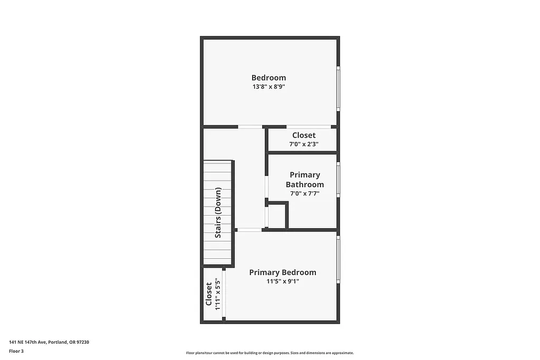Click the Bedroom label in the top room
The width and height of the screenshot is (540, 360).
(268, 78)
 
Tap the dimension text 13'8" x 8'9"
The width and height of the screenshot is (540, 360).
(268, 87)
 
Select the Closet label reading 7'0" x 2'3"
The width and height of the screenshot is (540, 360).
(304, 135)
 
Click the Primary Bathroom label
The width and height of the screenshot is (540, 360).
(305, 180)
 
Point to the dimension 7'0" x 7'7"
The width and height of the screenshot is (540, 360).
(305, 193)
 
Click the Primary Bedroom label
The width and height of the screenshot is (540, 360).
(283, 273)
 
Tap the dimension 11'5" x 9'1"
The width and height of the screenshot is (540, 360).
(283, 281)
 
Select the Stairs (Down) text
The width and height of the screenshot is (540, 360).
(218, 213)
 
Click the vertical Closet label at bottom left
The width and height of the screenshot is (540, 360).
(209, 294)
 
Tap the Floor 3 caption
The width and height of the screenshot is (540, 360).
(16, 351)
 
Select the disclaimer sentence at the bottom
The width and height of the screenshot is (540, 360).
(269, 353)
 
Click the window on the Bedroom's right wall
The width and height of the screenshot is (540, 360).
(338, 89)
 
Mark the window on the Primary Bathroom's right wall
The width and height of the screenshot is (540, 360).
(338, 180)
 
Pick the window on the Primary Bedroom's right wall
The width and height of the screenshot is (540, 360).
(338, 260)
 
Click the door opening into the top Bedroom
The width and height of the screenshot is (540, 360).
(250, 127)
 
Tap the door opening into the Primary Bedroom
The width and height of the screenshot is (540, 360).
(249, 230)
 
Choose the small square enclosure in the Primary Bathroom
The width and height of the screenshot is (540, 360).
(277, 216)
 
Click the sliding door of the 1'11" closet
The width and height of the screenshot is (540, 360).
(224, 294)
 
